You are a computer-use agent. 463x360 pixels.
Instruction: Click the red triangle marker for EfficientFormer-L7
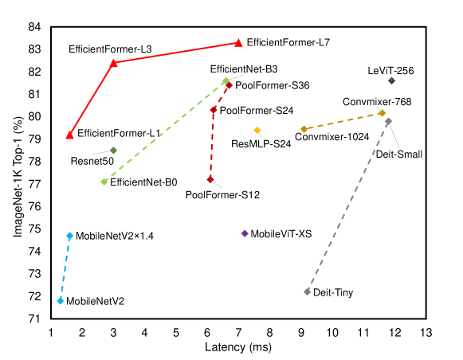[x=238, y=42]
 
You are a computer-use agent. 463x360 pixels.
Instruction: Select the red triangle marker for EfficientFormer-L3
[x=113, y=62]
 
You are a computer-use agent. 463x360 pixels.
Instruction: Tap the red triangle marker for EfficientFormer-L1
[x=70, y=135]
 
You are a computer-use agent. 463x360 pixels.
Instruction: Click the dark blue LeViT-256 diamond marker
[x=391, y=80]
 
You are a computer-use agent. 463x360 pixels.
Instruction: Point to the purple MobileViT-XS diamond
[x=245, y=233]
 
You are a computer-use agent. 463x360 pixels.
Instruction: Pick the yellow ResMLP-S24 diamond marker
[x=257, y=130]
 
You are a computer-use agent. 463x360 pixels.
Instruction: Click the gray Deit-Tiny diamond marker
[x=307, y=292]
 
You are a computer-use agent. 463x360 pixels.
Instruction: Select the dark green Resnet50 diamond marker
[x=113, y=150]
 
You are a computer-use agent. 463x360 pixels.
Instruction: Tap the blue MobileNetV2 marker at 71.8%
[x=61, y=300]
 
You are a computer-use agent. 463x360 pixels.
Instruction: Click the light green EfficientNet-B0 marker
[x=104, y=182]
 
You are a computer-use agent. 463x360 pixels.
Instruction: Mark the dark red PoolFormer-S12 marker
[x=210, y=179]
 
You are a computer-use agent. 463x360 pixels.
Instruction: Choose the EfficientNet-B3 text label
[x=244, y=70]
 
